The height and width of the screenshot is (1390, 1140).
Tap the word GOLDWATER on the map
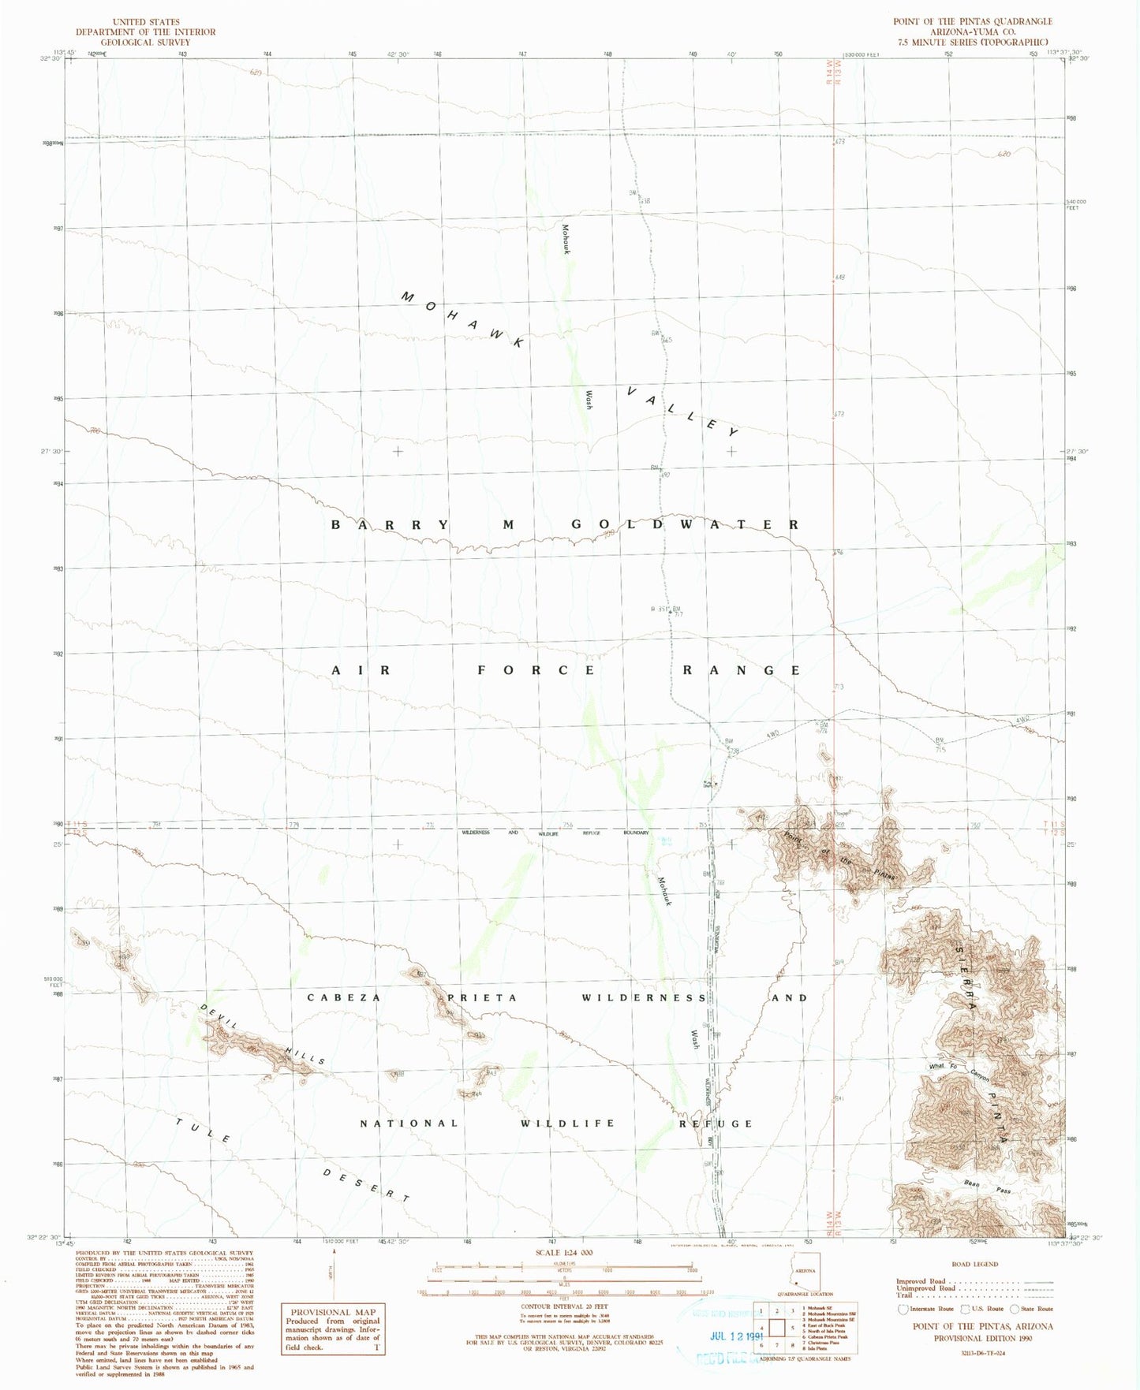685,525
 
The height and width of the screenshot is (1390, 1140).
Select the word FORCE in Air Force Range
536,670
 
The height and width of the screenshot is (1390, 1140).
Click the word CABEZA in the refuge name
344,997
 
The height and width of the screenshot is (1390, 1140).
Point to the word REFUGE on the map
716,1124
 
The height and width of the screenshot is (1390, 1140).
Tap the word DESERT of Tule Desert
367,1186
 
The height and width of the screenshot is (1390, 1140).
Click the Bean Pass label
987,1187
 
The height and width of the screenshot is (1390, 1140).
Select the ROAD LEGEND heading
975,1265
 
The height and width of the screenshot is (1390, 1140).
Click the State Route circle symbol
1015,1310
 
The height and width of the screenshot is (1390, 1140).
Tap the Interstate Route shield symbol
903,1310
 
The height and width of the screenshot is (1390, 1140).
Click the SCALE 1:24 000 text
564,1253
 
